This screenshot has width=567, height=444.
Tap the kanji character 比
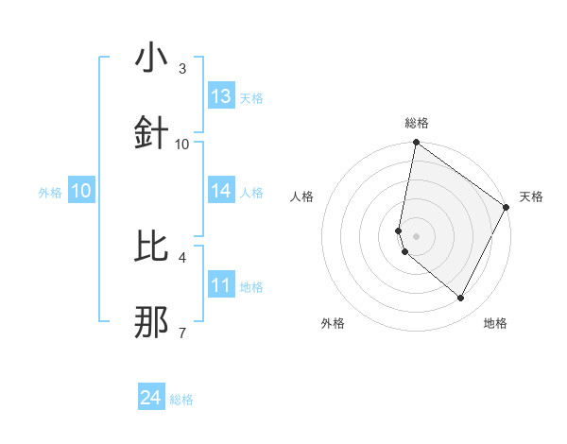[152, 247]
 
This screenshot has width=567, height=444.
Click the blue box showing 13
[221, 96]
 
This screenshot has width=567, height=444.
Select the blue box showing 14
[221, 191]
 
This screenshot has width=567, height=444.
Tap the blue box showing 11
[221, 285]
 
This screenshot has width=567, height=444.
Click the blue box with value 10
[81, 191]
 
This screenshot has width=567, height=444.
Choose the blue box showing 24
[151, 399]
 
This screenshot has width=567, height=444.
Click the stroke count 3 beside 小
[182, 69]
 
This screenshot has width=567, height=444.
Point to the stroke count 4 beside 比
[182, 256]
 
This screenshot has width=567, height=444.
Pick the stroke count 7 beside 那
[182, 332]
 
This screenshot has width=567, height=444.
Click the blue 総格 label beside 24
[181, 400]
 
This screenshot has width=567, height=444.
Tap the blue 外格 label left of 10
[50, 192]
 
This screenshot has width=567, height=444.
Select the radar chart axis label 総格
[417, 123]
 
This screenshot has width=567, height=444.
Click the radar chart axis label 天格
[531, 196]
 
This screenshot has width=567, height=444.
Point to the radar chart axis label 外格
[333, 323]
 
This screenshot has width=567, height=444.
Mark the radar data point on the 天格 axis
[507, 208]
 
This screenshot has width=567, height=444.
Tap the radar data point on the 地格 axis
[460, 299]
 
